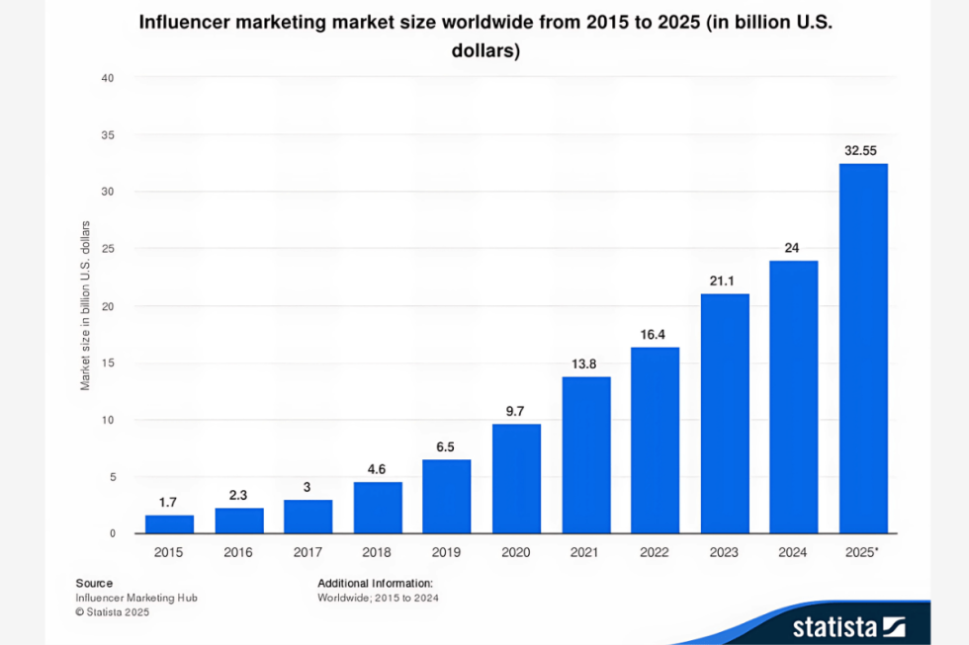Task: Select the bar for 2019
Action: pyautogui.click(x=447, y=497)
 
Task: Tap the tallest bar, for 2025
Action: pyautogui.click(x=863, y=349)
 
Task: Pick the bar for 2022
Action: pyautogui.click(x=655, y=441)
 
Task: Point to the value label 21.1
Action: pyautogui.click(x=725, y=282)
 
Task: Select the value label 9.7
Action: pyautogui.click(x=516, y=410)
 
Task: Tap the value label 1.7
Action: pyautogui.click(x=169, y=503)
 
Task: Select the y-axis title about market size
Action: pyautogui.click(x=86, y=306)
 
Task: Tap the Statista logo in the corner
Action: pyautogui.click(x=847, y=626)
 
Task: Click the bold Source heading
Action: pyautogui.click(x=94, y=584)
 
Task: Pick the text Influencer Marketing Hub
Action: pyautogui.click(x=129, y=598)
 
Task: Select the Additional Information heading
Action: pyautogui.click(x=375, y=584)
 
